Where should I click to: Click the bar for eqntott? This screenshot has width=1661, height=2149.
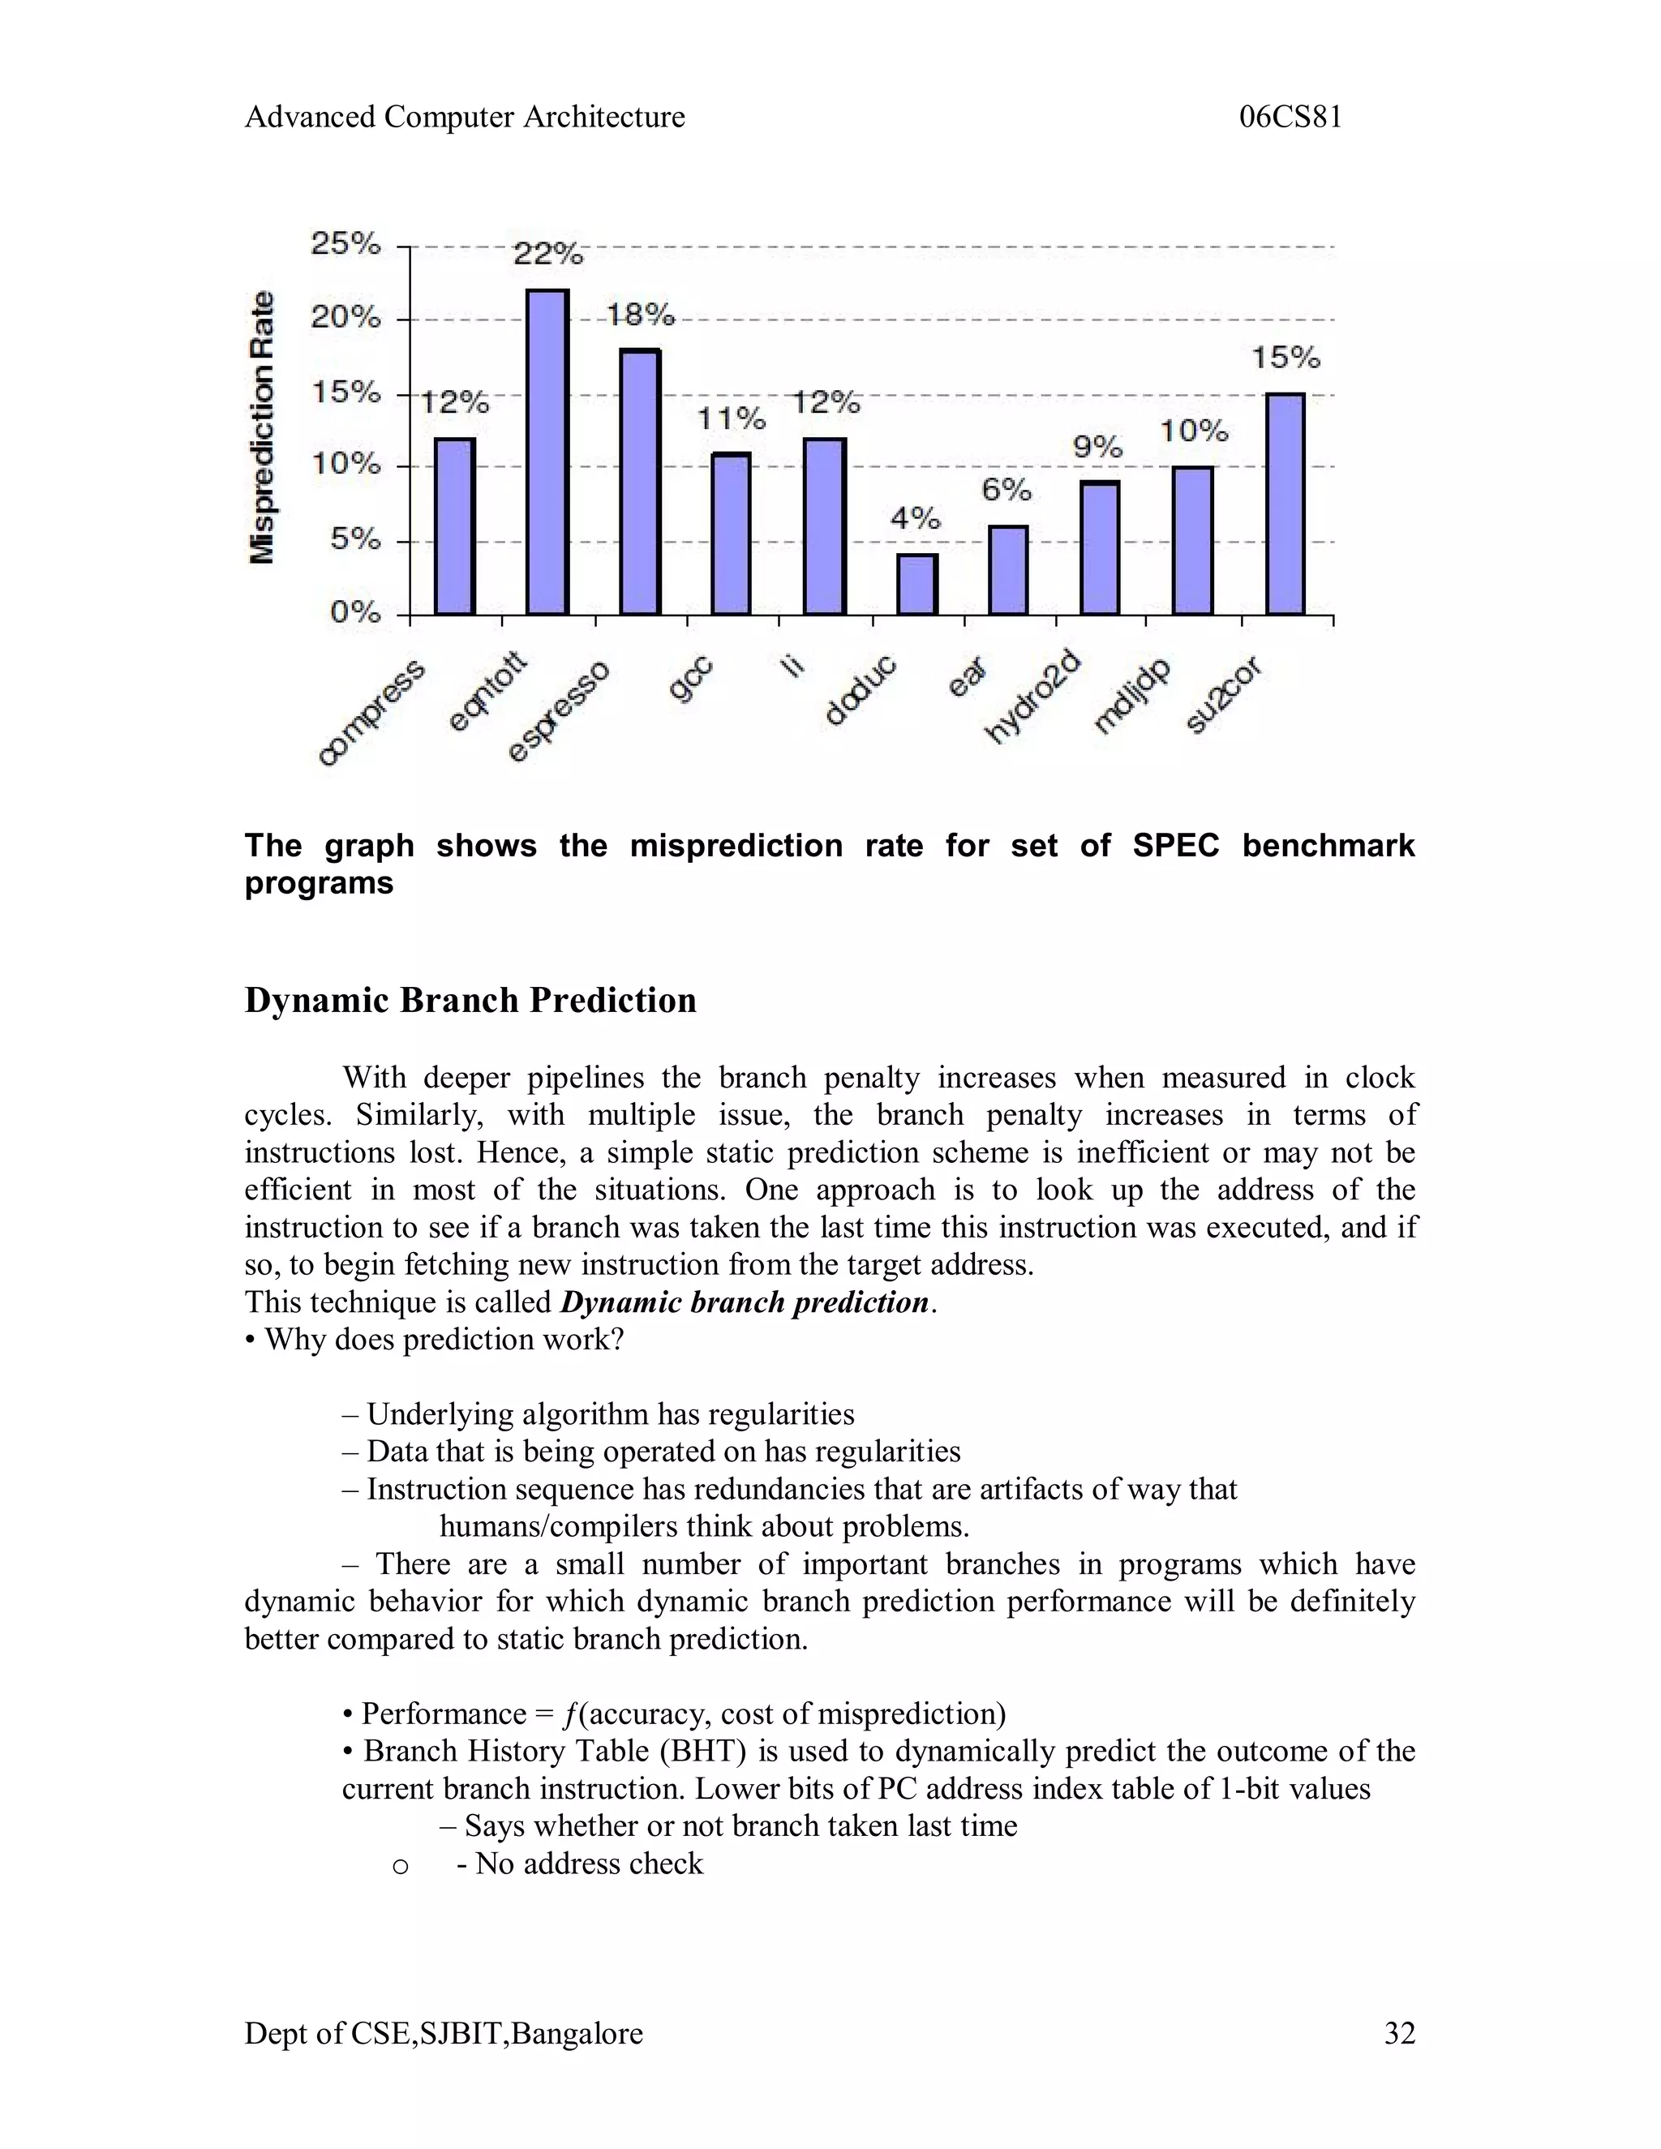[547, 453]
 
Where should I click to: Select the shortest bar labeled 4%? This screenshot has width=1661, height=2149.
[917, 585]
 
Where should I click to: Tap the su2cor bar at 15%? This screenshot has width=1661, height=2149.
[1285, 504]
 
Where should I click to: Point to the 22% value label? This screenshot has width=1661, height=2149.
[548, 255]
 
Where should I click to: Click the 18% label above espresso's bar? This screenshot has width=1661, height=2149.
[641, 315]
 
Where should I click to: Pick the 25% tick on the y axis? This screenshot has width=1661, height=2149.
[346, 244]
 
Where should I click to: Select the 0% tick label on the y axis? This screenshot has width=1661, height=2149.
[354, 613]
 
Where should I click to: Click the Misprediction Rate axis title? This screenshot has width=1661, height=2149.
[262, 428]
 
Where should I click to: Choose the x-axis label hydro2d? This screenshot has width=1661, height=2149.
[1032, 697]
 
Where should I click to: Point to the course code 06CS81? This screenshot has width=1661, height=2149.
[1290, 117]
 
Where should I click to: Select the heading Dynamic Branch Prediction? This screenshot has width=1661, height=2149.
[470, 1000]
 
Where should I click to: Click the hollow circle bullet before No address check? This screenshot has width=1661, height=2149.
[400, 1866]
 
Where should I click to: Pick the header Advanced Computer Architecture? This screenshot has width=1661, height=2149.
[465, 117]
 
